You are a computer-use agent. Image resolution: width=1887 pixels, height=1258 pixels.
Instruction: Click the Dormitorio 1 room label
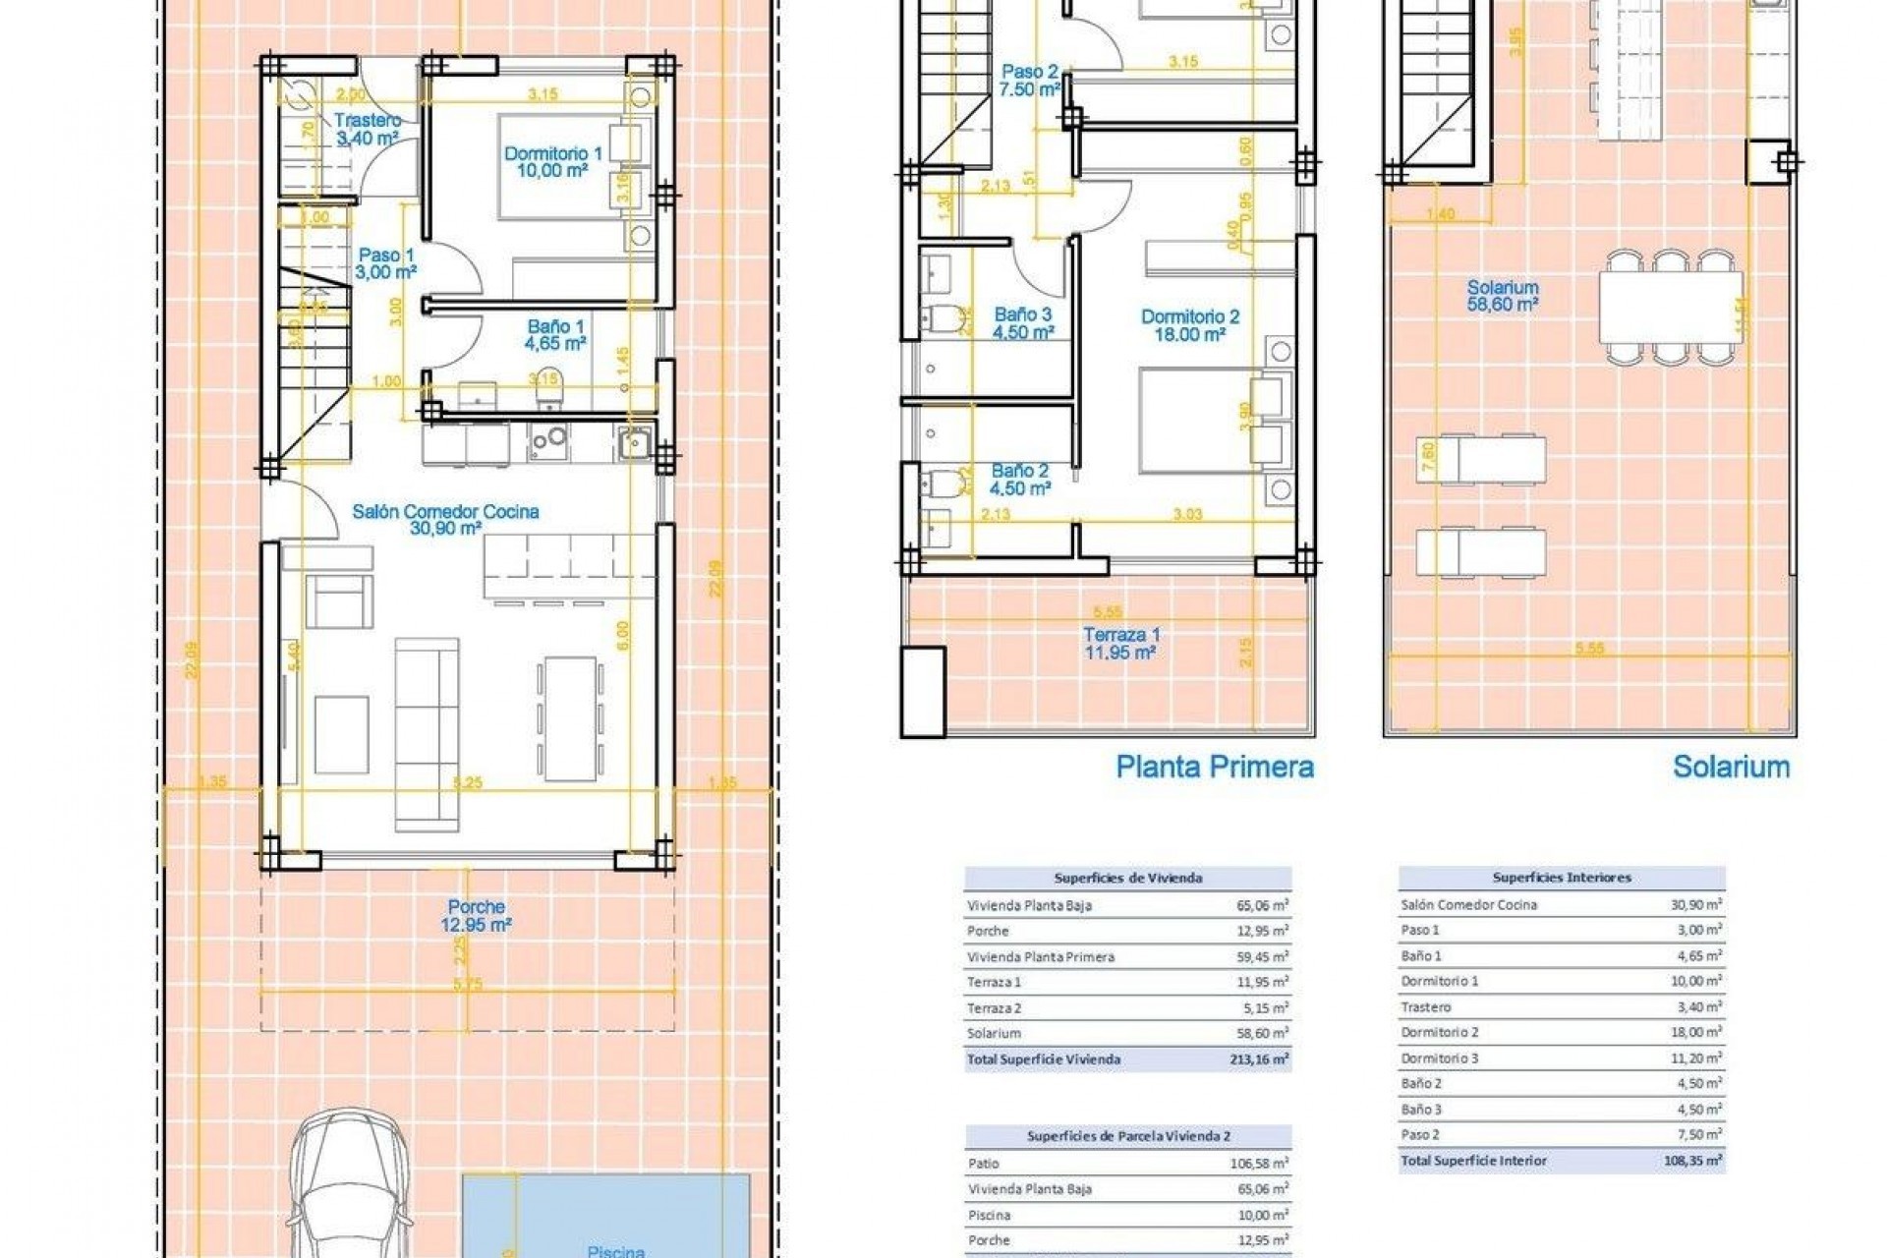pyautogui.click(x=552, y=161)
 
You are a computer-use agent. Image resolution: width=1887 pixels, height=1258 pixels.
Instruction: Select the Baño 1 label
pyautogui.click(x=556, y=334)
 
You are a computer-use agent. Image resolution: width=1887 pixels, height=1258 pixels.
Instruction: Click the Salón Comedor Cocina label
pyautogui.click(x=445, y=519)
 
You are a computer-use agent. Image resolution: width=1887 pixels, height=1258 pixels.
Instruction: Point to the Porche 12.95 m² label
pyautogui.click(x=476, y=915)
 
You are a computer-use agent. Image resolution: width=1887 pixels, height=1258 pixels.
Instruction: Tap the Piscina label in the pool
pyautogui.click(x=615, y=1250)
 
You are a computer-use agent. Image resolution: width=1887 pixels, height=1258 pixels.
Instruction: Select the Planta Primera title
pyautogui.click(x=1215, y=767)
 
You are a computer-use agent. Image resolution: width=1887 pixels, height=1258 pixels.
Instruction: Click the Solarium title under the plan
pyautogui.click(x=1731, y=767)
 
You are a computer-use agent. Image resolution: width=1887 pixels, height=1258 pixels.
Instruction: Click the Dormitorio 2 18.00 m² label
pyautogui.click(x=1189, y=325)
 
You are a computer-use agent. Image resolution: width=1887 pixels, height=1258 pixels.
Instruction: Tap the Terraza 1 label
pyautogui.click(x=1120, y=643)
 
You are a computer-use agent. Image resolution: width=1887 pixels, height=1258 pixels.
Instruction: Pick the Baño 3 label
pyautogui.click(x=1023, y=322)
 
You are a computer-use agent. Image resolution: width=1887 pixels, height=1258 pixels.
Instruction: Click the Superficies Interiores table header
pyautogui.click(x=1561, y=878)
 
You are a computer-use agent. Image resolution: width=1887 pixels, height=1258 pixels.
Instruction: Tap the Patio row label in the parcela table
pyautogui.click(x=984, y=1164)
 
